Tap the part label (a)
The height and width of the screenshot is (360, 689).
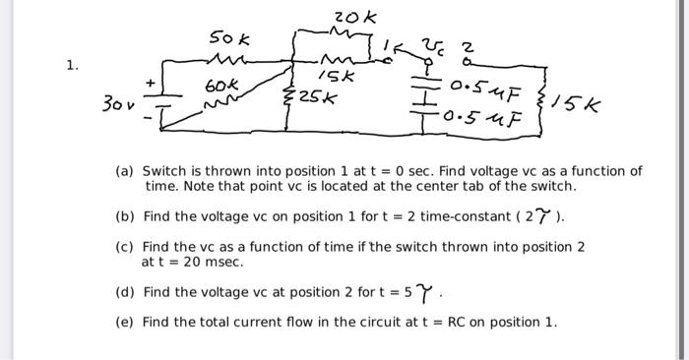point(125,171)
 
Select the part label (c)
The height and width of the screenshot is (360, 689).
point(125,247)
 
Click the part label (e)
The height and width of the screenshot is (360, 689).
point(125,322)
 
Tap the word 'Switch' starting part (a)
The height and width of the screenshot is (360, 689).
point(165,171)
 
